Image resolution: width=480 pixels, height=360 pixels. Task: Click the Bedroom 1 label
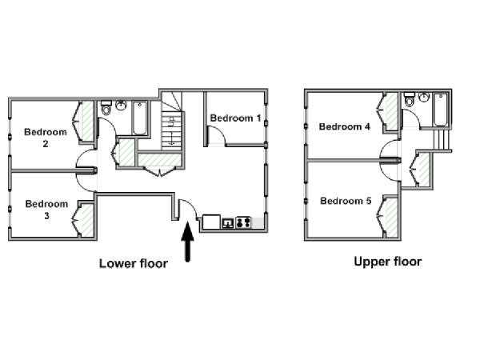pos(235,118)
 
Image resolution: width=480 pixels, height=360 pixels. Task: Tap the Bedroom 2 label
pos(46,138)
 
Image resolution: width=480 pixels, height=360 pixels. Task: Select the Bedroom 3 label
pos(46,210)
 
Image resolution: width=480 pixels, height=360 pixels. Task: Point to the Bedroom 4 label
pos(344,126)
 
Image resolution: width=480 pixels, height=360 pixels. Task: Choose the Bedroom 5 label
pos(346,201)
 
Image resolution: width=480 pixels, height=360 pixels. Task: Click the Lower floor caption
pos(134,263)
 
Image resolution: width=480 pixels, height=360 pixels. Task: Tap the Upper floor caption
pos(387,262)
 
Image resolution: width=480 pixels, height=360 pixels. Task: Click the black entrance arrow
pos(188,242)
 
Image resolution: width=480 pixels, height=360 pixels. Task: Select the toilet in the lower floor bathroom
pos(106,107)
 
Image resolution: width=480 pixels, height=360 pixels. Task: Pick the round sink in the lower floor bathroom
pos(122,106)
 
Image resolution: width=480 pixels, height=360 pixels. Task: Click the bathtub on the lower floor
pos(139,118)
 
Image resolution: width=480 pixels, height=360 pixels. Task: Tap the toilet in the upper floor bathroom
pos(410,99)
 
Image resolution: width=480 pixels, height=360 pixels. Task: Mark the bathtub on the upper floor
pos(441,110)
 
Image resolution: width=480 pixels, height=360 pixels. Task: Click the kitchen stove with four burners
pos(244,222)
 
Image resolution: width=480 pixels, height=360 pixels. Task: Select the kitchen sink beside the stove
pos(228,223)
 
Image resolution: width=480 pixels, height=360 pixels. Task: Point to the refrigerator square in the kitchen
pos(211,222)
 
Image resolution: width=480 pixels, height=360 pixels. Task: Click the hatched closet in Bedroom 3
pos(86,219)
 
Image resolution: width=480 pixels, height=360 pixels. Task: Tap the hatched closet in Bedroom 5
pos(391,217)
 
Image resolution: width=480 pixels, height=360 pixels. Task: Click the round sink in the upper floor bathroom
pos(424,97)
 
